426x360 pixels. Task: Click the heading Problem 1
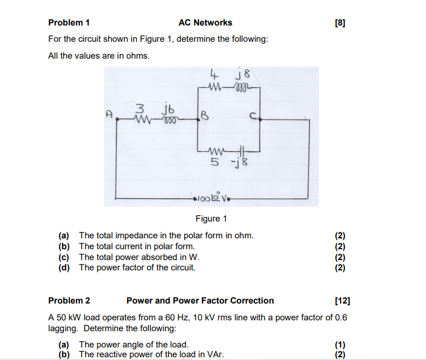pyautogui.click(x=68, y=23)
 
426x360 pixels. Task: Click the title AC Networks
pyautogui.click(x=205, y=23)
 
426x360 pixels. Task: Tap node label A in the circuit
pyautogui.click(x=109, y=115)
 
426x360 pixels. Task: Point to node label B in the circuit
pyautogui.click(x=204, y=115)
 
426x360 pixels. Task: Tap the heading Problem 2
pyautogui.click(x=69, y=300)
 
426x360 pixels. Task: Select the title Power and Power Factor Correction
pyautogui.click(x=200, y=300)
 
